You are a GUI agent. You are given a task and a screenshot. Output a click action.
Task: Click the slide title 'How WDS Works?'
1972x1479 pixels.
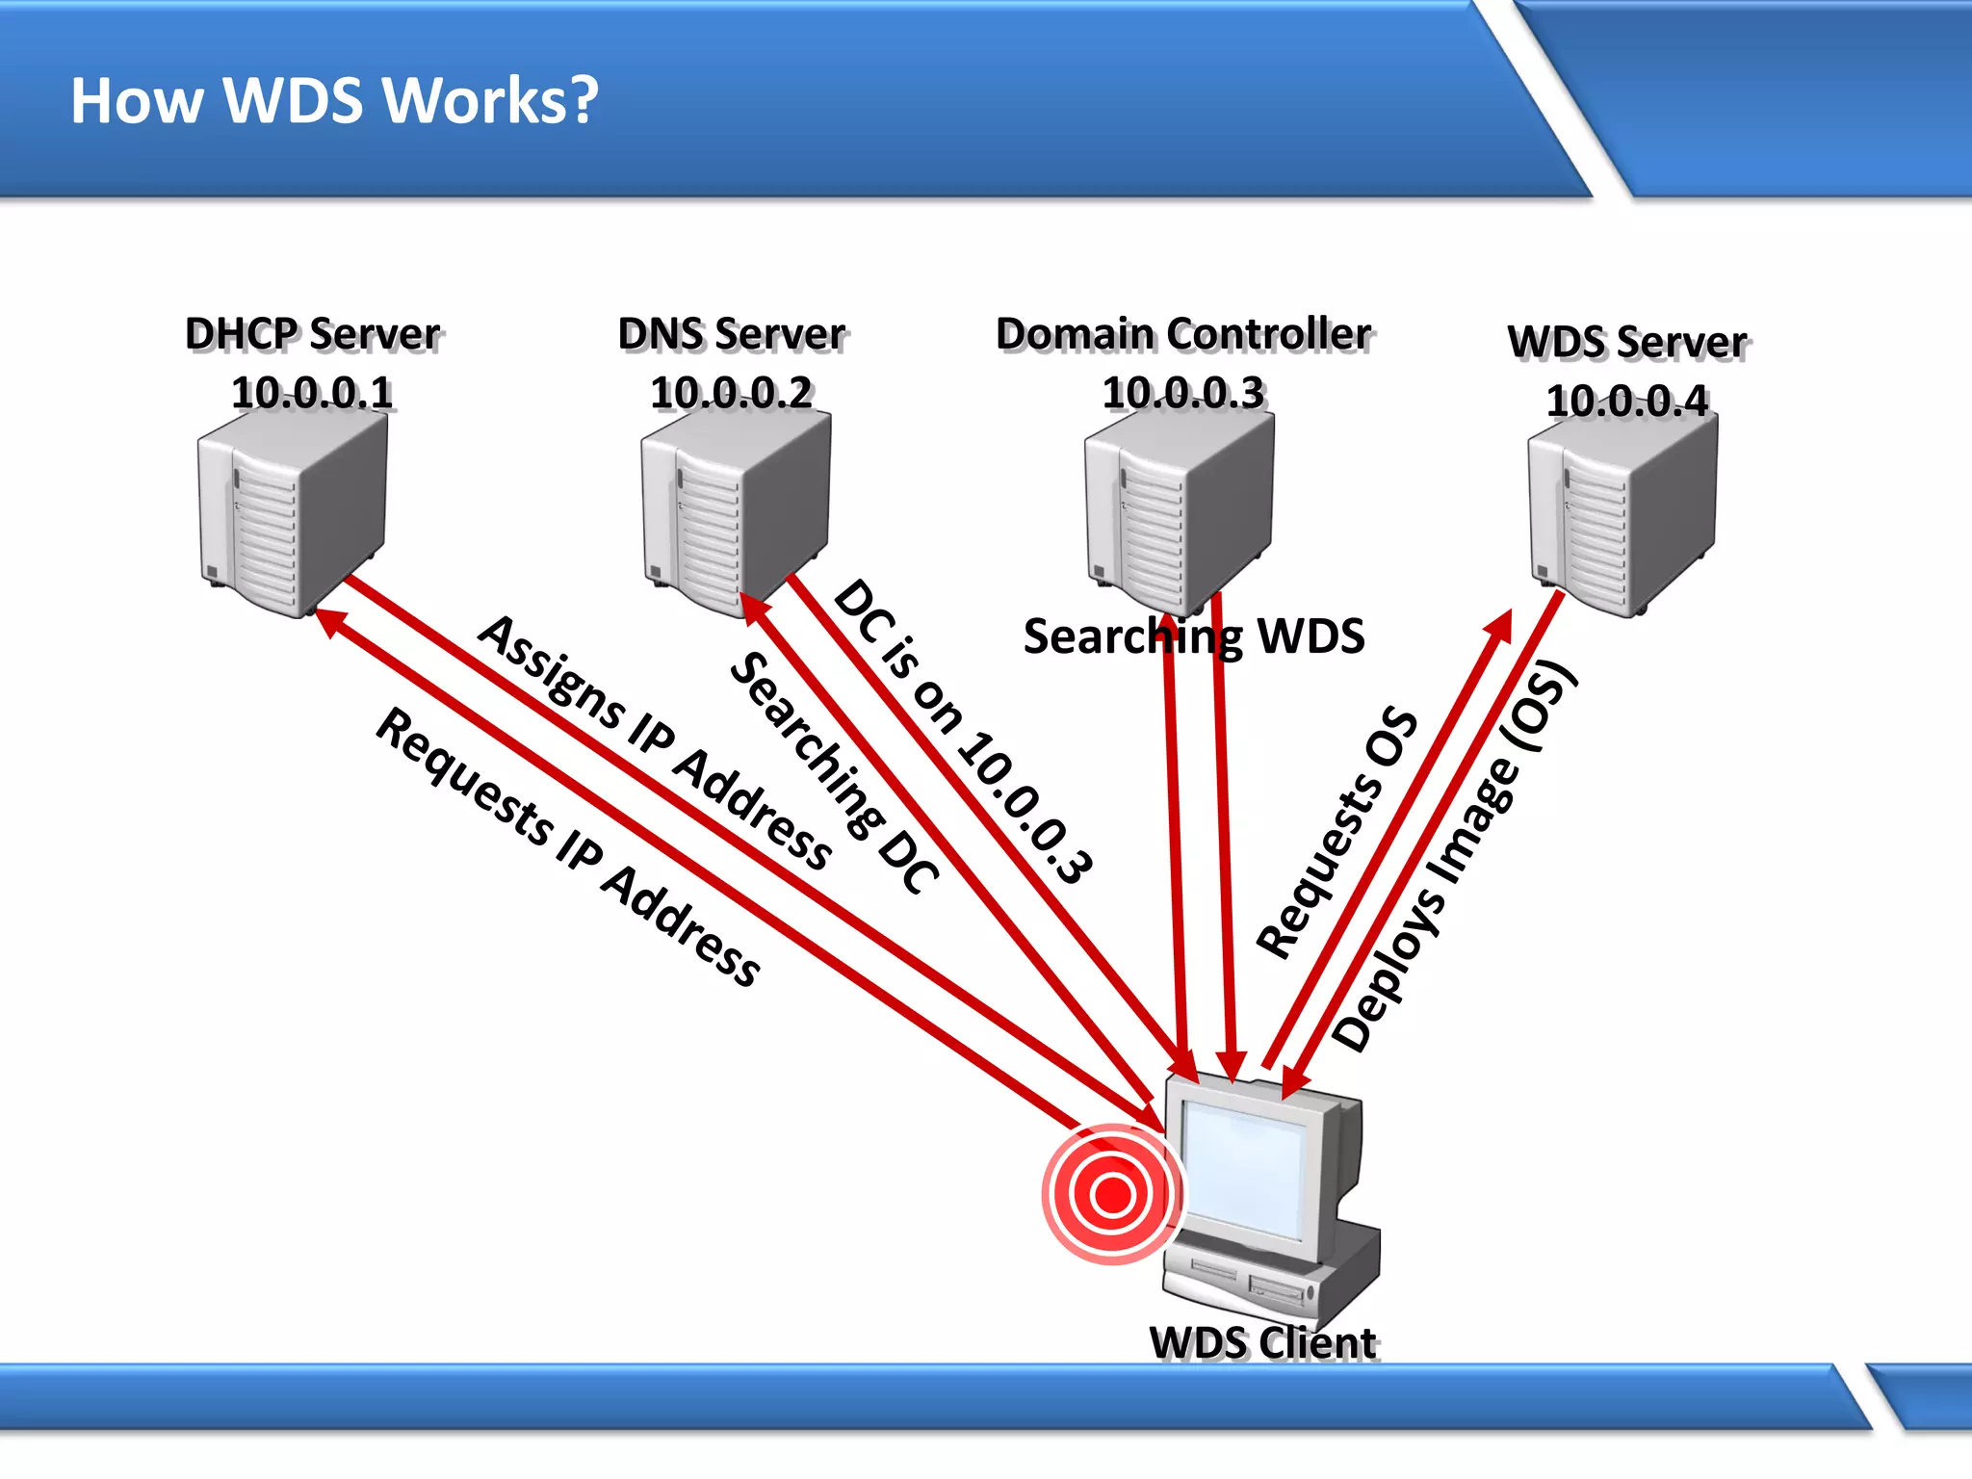click(x=334, y=101)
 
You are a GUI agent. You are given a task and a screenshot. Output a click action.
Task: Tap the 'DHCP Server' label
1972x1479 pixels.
click(x=312, y=334)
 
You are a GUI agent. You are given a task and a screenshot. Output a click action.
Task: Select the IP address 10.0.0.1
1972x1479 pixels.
click(x=312, y=393)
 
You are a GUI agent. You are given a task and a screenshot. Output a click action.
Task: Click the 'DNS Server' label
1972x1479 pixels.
click(x=731, y=334)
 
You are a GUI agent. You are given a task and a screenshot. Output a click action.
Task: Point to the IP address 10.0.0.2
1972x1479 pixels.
click(x=731, y=393)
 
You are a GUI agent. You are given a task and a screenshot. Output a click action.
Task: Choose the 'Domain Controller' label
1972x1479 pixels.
click(x=1182, y=334)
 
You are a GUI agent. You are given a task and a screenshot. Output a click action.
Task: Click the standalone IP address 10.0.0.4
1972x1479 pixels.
click(x=1626, y=401)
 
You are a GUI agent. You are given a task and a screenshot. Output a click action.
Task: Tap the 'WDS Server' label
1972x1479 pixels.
click(x=1626, y=342)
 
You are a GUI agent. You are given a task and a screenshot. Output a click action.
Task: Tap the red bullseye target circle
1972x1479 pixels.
click(x=1113, y=1194)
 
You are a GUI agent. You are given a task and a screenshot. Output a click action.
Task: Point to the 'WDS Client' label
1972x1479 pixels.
click(x=1262, y=1342)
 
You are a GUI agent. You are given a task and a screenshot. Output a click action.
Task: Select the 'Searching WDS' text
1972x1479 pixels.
click(x=1194, y=636)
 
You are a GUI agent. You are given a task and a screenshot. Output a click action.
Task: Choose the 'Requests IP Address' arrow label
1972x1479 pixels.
click(x=569, y=847)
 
